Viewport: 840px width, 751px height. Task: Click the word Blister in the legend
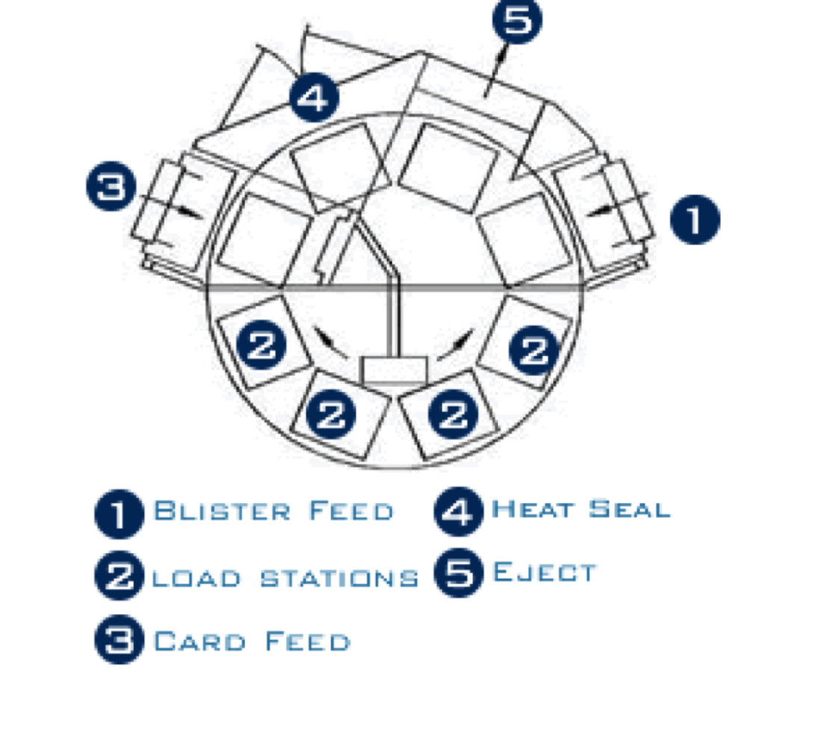222,511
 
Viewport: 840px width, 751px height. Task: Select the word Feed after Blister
352,511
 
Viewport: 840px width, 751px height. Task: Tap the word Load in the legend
196,579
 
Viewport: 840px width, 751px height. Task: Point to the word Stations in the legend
339,579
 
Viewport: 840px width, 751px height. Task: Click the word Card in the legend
199,641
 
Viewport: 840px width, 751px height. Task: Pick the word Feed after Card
308,641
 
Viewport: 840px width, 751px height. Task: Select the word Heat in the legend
532,509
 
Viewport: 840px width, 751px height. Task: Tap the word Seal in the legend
629,509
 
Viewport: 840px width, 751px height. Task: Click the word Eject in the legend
544,572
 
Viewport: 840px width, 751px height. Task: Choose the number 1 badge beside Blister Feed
119,514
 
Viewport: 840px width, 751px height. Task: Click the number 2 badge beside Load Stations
119,576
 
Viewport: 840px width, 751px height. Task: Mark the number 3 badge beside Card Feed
119,639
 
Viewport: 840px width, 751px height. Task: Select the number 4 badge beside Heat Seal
458,511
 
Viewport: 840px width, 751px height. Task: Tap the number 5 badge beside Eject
458,573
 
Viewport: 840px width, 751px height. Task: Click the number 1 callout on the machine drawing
695,219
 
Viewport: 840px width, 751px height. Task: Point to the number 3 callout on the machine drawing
111,186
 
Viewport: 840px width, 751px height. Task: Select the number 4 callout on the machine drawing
314,98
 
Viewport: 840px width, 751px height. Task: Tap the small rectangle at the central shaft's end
395,370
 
